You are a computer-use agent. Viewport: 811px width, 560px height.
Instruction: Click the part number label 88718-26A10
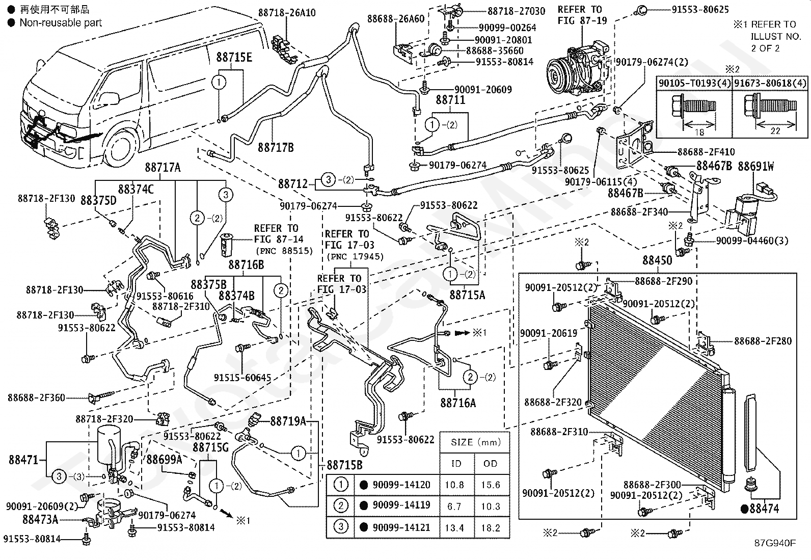(287, 13)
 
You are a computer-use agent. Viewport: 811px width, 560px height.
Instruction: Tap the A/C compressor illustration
(577, 71)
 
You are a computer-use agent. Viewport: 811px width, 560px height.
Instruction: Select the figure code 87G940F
(775, 543)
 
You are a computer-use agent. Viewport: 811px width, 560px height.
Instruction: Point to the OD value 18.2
(491, 527)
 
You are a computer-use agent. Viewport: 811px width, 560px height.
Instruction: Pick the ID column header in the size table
(456, 464)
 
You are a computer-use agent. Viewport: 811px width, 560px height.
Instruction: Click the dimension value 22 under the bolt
(775, 131)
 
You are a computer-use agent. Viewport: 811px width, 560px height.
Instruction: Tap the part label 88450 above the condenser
(657, 260)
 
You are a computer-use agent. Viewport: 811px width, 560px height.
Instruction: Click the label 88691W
(755, 167)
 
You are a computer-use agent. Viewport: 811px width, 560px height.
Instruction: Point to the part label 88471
(23, 460)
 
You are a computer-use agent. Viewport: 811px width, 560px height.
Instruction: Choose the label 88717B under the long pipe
(276, 147)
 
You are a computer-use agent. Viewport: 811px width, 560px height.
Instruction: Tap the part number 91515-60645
(242, 378)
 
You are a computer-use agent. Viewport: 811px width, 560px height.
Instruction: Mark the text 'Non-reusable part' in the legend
(61, 23)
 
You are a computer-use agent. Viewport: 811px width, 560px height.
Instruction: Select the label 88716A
(458, 403)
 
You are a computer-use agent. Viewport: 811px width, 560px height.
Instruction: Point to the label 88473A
(40, 519)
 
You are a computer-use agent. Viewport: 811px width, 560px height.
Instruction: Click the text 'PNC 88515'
(284, 251)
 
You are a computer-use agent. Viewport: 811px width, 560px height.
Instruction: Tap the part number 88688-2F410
(706, 152)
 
